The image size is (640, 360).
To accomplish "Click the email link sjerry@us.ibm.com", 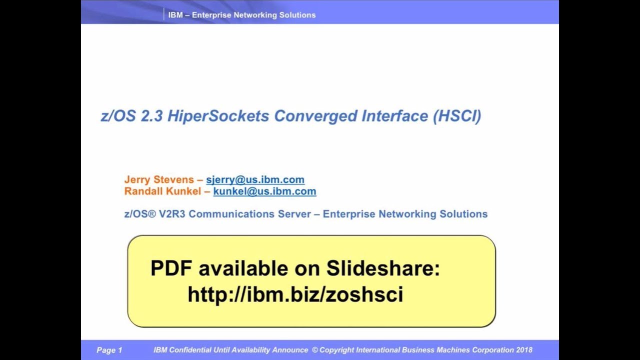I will click(255, 179).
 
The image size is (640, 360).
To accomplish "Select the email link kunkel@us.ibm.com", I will click(264, 191).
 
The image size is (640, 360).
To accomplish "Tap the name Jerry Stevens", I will click(159, 179).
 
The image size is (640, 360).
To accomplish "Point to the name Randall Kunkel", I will click(162, 191).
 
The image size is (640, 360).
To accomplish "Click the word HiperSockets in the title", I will click(218, 116).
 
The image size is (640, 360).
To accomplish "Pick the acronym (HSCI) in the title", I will click(457, 116).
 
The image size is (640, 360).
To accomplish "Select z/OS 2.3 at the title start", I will click(131, 116).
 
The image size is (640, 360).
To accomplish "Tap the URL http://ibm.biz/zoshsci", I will click(295, 294).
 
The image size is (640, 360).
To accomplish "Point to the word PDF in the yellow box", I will click(171, 268).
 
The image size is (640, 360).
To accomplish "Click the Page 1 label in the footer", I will click(109, 350).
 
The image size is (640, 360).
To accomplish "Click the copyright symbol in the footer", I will click(314, 350).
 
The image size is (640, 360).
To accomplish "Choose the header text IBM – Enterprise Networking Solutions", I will click(241, 15).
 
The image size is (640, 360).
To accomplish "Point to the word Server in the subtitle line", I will click(294, 214).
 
